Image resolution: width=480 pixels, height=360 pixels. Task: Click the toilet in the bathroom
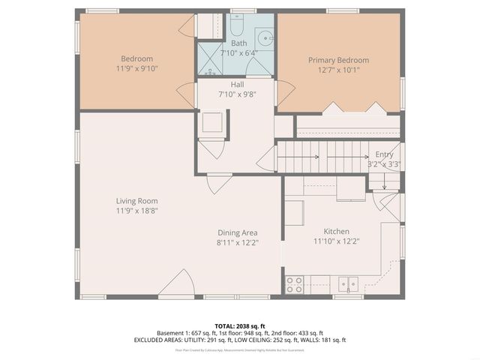235,28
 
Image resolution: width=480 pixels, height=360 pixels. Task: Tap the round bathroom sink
265,37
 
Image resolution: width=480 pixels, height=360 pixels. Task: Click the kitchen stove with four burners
295,284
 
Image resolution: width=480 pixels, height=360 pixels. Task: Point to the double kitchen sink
346,283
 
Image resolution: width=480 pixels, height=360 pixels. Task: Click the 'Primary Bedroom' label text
338,59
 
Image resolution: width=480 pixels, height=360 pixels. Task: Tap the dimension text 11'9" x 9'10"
136,68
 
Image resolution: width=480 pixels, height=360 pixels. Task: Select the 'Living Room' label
136,201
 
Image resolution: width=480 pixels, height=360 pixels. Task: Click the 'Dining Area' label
238,232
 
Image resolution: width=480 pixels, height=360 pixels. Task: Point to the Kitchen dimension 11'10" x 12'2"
336,241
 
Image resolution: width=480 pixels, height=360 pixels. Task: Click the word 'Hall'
237,85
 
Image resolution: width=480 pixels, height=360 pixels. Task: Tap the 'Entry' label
384,154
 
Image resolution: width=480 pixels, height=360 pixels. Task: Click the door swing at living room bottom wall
178,285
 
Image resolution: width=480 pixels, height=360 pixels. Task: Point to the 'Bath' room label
238,43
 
